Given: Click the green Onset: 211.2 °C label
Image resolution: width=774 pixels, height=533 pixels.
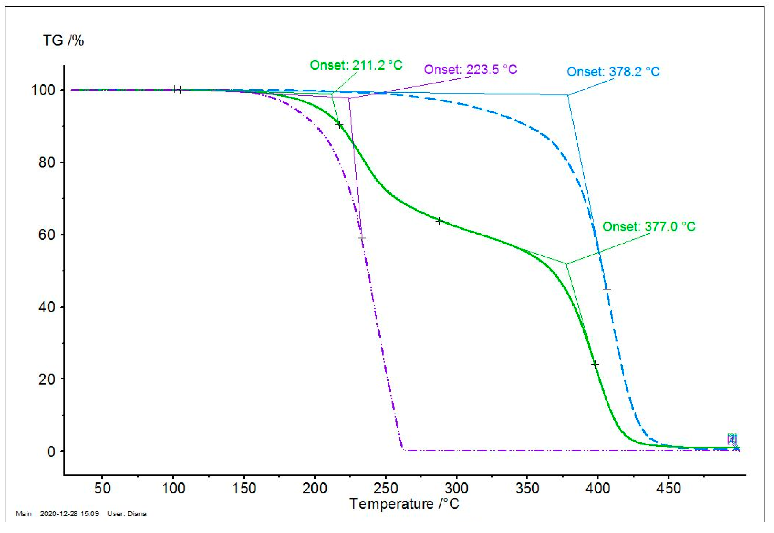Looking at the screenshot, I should tap(356, 65).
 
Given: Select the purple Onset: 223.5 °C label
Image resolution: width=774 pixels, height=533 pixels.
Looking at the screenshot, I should tap(470, 70).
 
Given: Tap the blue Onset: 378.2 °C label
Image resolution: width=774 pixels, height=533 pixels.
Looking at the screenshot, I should tap(613, 72).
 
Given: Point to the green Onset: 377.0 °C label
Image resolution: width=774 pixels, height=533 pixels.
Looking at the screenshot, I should tap(649, 227).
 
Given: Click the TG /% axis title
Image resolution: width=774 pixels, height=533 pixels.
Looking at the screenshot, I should tap(63, 41).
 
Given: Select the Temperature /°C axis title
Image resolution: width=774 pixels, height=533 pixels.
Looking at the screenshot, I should tap(404, 504).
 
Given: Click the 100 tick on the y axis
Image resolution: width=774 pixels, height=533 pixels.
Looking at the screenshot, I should tap(43, 90).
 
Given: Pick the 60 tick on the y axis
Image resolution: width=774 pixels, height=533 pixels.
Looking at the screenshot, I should tap(47, 235).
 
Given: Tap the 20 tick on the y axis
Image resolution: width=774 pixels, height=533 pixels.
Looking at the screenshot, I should tap(47, 379).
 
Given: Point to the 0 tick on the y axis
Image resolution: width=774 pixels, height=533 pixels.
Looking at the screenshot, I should tap(51, 452).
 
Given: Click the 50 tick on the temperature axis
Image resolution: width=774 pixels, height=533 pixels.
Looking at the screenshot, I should tap(102, 489).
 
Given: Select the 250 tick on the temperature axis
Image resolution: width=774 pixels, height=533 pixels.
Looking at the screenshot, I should tap(385, 489).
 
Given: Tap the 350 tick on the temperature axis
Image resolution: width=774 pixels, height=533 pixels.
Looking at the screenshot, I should tap(527, 489).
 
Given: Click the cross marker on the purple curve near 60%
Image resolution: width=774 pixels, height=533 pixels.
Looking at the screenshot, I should tap(362, 238).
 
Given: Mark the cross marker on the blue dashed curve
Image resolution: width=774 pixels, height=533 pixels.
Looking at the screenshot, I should tap(607, 289).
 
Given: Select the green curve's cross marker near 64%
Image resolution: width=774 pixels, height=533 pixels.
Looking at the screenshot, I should tap(439, 221).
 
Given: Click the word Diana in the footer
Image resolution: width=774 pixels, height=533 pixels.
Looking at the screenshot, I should tap(137, 514).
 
